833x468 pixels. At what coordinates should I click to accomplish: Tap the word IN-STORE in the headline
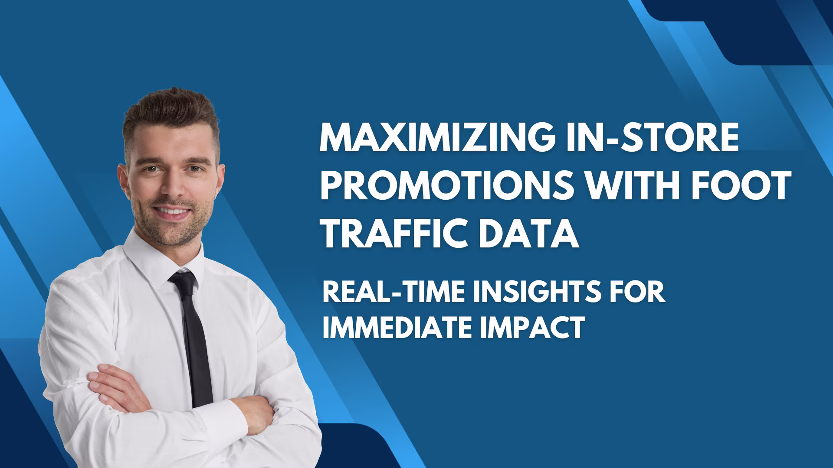[x=653, y=137]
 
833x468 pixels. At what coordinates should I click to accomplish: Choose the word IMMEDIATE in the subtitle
[x=396, y=327]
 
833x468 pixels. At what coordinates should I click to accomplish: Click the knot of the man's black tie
[x=182, y=280]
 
